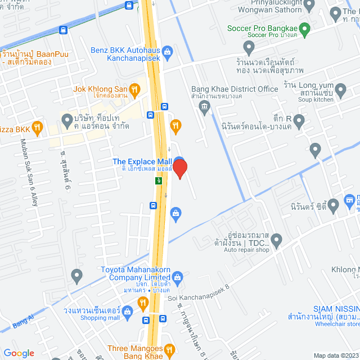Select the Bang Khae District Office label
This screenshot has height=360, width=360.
235,89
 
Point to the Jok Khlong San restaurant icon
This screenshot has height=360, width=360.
134,88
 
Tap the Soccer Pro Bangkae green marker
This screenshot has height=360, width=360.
304,28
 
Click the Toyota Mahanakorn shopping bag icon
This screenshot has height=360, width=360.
178,276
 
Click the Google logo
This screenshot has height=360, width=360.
19,353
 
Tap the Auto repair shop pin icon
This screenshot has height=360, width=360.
275,240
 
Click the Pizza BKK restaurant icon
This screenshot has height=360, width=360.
37,128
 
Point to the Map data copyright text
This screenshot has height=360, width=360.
334,355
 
